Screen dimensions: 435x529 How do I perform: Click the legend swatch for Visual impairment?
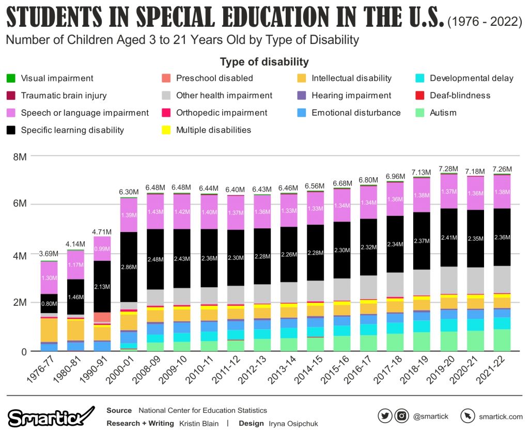(x=10, y=79)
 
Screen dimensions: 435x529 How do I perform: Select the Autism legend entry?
(x=442, y=113)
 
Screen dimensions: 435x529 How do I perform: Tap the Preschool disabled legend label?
(x=214, y=79)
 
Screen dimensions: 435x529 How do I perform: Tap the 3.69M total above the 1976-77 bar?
(x=49, y=254)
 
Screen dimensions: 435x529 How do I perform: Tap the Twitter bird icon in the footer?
(x=385, y=416)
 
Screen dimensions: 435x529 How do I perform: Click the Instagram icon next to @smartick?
(x=401, y=416)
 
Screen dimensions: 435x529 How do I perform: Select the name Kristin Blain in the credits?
(x=199, y=424)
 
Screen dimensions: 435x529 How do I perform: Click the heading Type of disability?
(x=264, y=62)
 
